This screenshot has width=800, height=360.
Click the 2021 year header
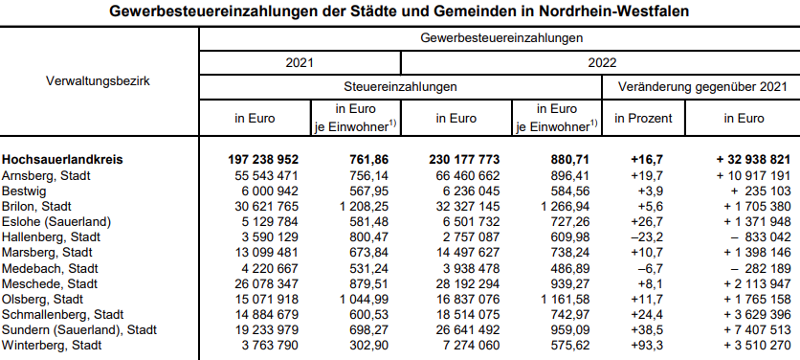(300, 62)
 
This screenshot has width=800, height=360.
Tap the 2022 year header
(599, 62)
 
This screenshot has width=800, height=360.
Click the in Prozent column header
(643, 119)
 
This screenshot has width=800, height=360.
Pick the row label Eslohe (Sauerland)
(56, 222)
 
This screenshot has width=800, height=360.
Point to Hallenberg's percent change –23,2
(649, 237)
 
